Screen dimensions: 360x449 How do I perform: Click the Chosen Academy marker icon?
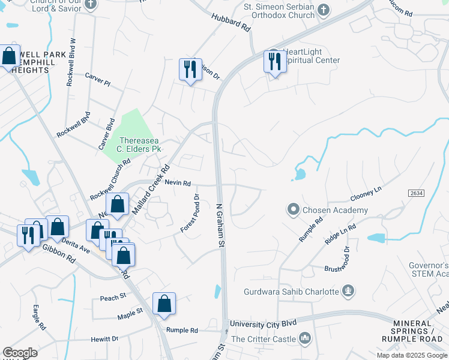pyautogui.click(x=293, y=209)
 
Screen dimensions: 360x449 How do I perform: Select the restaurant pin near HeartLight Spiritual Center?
pyautogui.click(x=274, y=62)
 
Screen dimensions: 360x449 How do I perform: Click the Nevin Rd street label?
pyautogui.click(x=178, y=183)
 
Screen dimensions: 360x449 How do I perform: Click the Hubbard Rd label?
pyautogui.click(x=231, y=22)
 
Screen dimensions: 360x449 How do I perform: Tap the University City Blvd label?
pyautogui.click(x=264, y=323)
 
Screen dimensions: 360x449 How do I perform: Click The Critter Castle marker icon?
pyautogui.click(x=306, y=339)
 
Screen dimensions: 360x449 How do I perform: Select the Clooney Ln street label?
pyautogui.click(x=366, y=194)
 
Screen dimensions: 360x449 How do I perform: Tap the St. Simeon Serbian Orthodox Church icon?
pyautogui.click(x=324, y=10)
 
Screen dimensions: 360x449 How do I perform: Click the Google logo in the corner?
pyautogui.click(x=20, y=353)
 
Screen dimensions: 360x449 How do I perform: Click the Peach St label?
pyautogui.click(x=113, y=296)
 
